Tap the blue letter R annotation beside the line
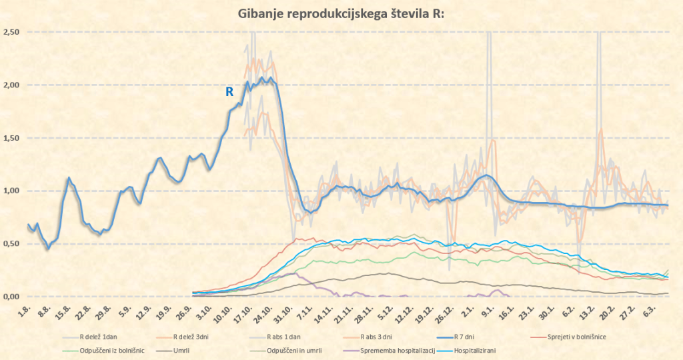(229, 92)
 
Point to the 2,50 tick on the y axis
(11, 32)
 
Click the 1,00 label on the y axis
(11, 191)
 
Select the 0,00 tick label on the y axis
(11, 297)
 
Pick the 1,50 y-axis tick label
(11, 138)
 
